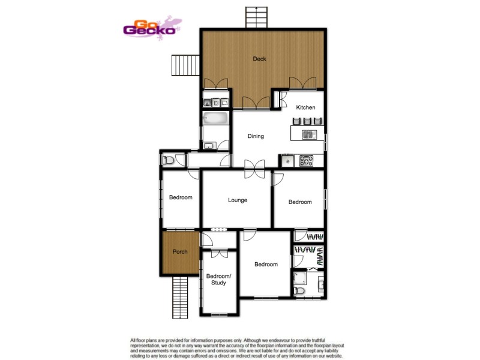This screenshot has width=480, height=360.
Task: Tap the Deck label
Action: (x=259, y=59)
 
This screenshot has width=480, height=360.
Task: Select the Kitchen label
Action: (x=305, y=107)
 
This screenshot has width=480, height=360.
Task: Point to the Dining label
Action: (x=256, y=136)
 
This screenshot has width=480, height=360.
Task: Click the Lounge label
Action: (x=238, y=200)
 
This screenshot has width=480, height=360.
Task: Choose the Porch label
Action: (x=180, y=251)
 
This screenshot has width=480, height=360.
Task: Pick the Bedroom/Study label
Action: (x=218, y=279)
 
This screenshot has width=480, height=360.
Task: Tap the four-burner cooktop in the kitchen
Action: (x=307, y=160)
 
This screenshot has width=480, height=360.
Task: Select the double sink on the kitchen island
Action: (x=308, y=134)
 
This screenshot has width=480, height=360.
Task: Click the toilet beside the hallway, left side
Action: (x=169, y=160)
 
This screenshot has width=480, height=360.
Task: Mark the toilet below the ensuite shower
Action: (x=301, y=291)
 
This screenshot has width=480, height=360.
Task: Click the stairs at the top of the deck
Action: (x=256, y=16)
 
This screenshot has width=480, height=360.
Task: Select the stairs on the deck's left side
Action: (x=185, y=65)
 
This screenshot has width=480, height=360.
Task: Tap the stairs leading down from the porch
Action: (x=180, y=298)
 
